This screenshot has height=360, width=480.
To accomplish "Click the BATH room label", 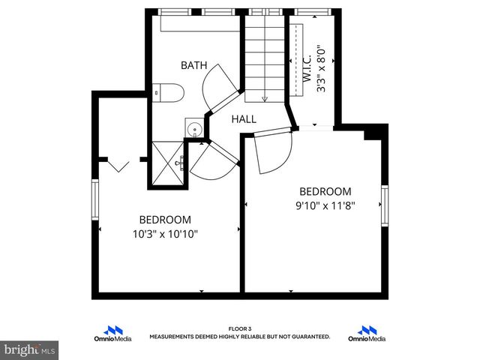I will point(193,66).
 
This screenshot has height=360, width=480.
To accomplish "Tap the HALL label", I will point(244,119).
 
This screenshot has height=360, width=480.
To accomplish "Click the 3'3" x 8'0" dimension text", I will point(321,72).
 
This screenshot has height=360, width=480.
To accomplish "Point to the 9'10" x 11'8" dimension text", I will point(325,205).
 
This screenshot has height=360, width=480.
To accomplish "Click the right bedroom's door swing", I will point(272,152).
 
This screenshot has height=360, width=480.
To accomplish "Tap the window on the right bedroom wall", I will point(384,207).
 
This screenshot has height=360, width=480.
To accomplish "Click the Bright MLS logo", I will point(29,349).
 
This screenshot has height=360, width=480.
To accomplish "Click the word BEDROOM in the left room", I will point(164,220).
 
